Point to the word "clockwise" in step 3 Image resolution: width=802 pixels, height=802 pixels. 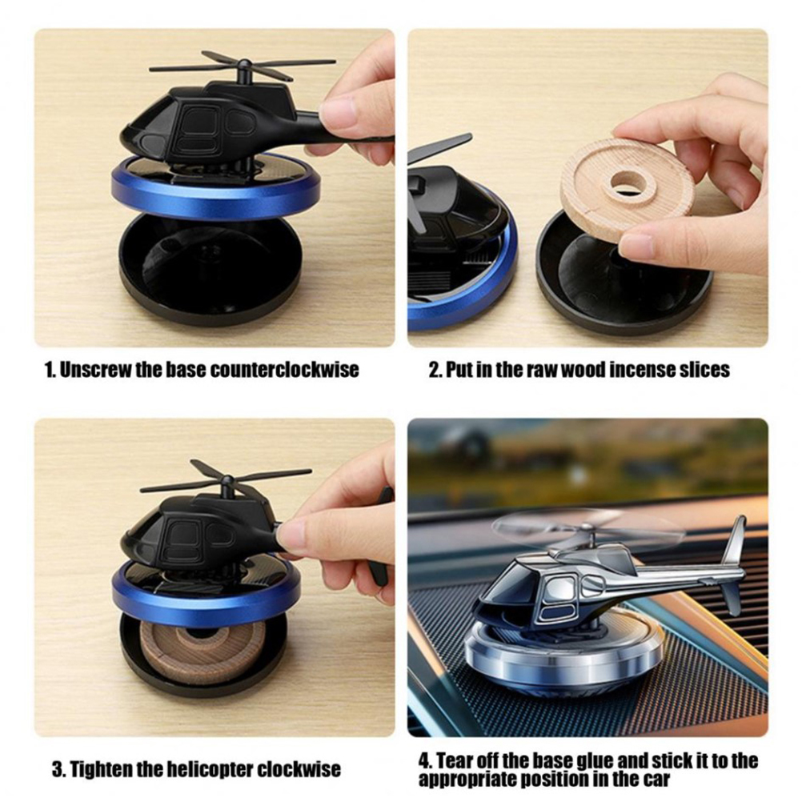[299, 769]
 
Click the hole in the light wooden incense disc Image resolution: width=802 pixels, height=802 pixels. [628, 181]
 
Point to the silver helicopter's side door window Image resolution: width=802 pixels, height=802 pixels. [559, 589]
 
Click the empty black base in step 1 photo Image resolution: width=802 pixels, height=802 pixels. [210, 265]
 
